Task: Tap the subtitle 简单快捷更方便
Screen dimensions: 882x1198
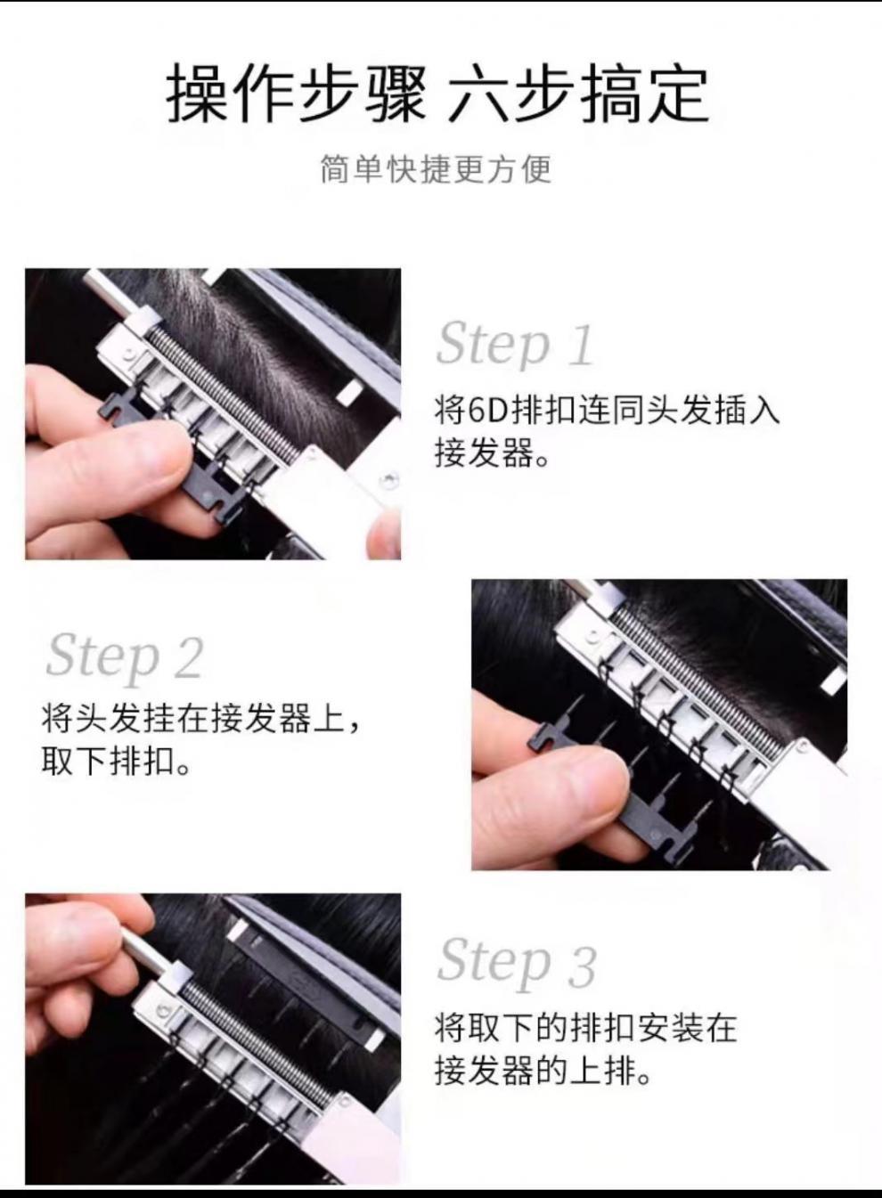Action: pyautogui.click(x=436, y=169)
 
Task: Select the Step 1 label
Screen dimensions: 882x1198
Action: pyautogui.click(x=515, y=345)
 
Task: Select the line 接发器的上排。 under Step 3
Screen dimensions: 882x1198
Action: pyautogui.click(x=543, y=1070)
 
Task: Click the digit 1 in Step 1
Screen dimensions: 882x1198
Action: pyautogui.click(x=581, y=345)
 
